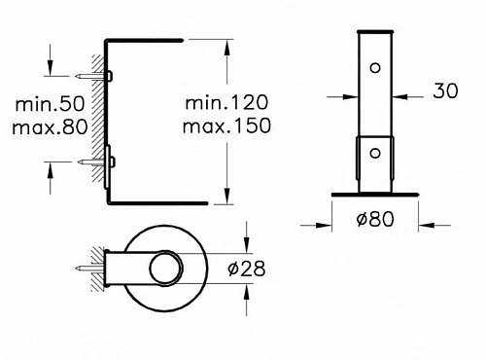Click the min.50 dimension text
coord(50,104)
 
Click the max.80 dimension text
coord(50,126)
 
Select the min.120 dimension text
coord(226,102)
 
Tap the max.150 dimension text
coord(226,126)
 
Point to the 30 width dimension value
coord(445,90)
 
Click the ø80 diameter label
coord(375,219)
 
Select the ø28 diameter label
coord(247,269)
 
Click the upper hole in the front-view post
coord(375,68)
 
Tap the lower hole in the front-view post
coord(375,153)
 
